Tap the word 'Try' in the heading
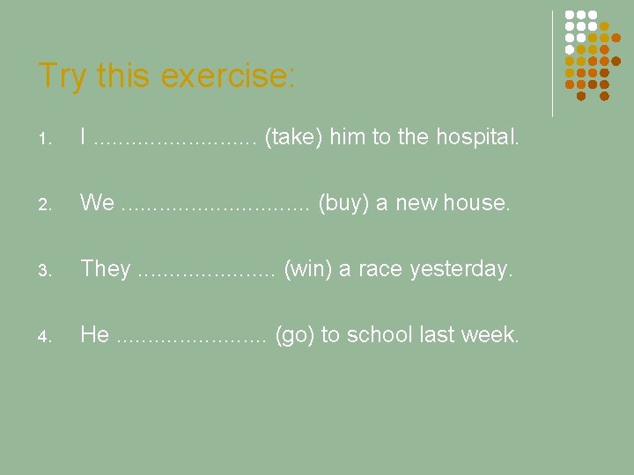63,77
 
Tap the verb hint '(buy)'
343,203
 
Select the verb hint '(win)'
307,269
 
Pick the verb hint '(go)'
297,335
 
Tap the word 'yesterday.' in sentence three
461,269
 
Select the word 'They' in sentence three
106,269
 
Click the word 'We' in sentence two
97,203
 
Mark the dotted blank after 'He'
190,336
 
